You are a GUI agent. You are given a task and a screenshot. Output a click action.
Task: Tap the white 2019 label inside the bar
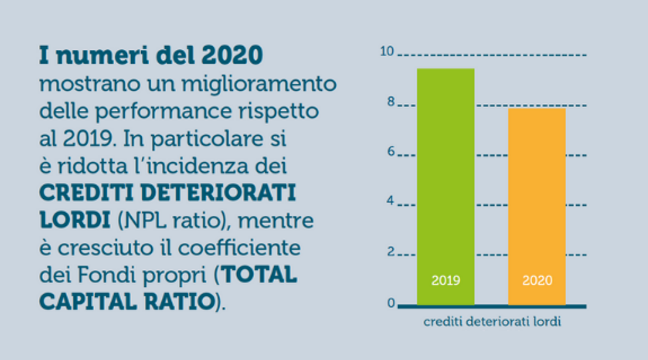tap(445, 280)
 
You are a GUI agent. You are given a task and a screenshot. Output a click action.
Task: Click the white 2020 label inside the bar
tap(537, 280)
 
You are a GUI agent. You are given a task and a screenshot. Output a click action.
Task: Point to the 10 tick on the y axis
tap(387, 52)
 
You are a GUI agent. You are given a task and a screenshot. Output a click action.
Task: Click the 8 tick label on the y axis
tap(390, 102)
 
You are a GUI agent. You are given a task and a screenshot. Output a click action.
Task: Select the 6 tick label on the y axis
tap(390, 152)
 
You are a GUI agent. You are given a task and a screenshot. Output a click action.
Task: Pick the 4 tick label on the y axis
tap(390, 201)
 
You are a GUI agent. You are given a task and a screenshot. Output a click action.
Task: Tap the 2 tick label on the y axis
tap(390, 251)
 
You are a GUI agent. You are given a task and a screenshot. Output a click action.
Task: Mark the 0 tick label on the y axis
tap(390, 303)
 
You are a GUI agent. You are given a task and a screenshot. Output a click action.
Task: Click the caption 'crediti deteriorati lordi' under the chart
tap(492, 322)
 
